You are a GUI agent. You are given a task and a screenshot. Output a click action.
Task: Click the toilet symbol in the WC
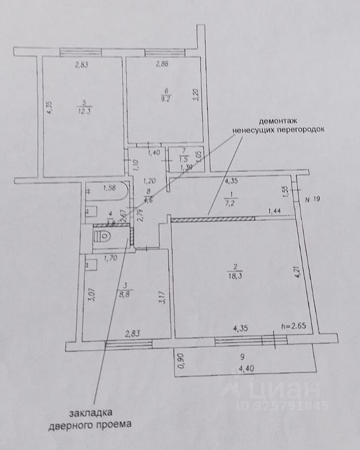tap(103, 237)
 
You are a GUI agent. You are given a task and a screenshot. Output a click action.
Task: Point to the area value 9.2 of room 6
tap(167, 98)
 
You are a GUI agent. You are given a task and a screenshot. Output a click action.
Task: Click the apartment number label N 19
tap(314, 200)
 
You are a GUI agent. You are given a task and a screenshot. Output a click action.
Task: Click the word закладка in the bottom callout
tap(91, 413)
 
